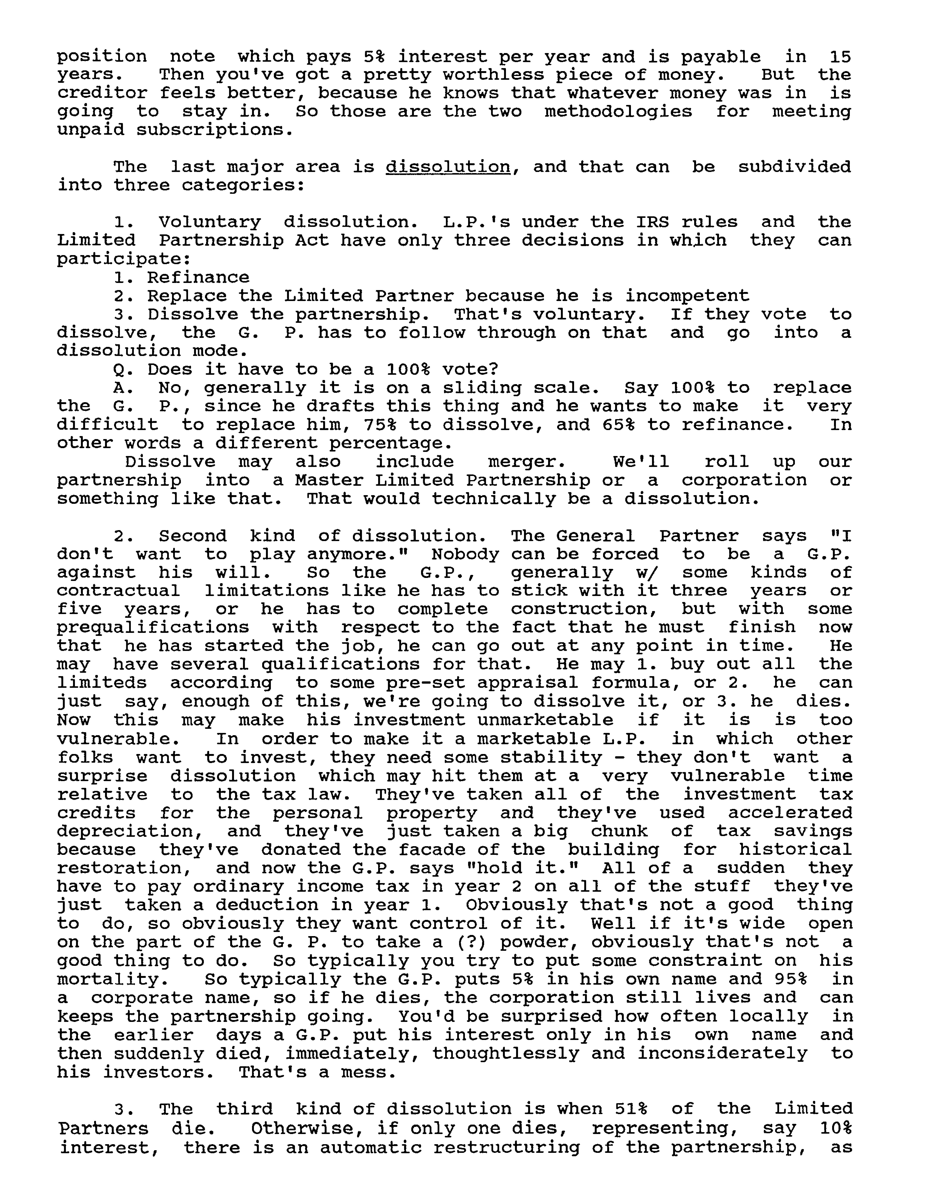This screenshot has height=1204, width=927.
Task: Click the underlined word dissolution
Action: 448,166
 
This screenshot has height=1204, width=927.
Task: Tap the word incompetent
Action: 687,296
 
